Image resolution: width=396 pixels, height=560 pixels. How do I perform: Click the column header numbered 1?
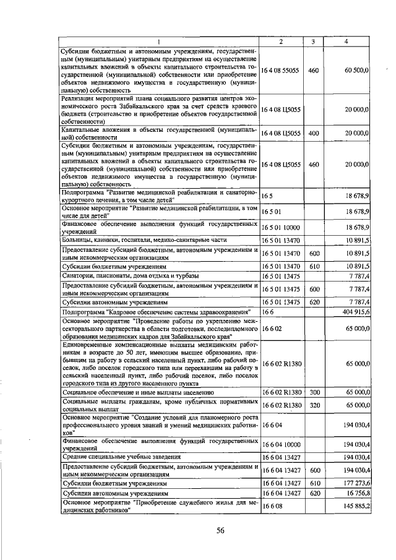click(x=158, y=41)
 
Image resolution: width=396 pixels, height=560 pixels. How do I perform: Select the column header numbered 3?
click(x=313, y=41)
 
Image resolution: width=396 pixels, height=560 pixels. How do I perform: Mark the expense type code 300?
click(x=313, y=392)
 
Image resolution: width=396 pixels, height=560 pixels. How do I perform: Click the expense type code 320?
click(x=313, y=404)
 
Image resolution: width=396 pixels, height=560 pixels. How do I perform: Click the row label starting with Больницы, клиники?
click(x=144, y=239)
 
